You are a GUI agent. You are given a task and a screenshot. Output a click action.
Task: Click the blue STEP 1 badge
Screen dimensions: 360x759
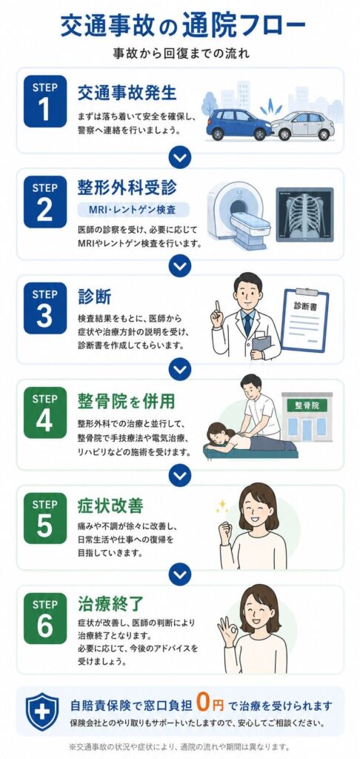pos(45,101)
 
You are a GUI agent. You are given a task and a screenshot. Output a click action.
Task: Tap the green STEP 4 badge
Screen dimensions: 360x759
pos(45,412)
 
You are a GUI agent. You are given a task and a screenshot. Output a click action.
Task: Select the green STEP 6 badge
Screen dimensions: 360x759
pos(45,618)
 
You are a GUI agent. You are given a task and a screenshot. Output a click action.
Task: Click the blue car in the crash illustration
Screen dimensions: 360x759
pos(239,123)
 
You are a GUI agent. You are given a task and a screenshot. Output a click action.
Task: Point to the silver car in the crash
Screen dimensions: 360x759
pos(303,125)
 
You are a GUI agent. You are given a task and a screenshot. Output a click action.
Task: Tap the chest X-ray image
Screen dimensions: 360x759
pos(304,214)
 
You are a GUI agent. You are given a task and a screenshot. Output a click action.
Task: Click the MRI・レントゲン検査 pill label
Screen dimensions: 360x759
pos(133,210)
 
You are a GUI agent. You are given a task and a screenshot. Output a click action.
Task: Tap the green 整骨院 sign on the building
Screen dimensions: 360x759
pos(307,405)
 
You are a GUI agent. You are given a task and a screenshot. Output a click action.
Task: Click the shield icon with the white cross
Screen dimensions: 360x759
pos(42,711)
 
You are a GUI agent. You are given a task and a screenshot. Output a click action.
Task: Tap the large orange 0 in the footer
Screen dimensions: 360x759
pos(204,704)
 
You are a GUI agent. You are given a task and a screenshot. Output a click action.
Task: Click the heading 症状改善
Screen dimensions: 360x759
pos(110,506)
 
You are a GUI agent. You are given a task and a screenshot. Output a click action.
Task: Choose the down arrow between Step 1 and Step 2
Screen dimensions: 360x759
pos(180,157)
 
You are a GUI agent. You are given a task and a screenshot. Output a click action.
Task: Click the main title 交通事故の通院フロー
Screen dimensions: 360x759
pos(184,26)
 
